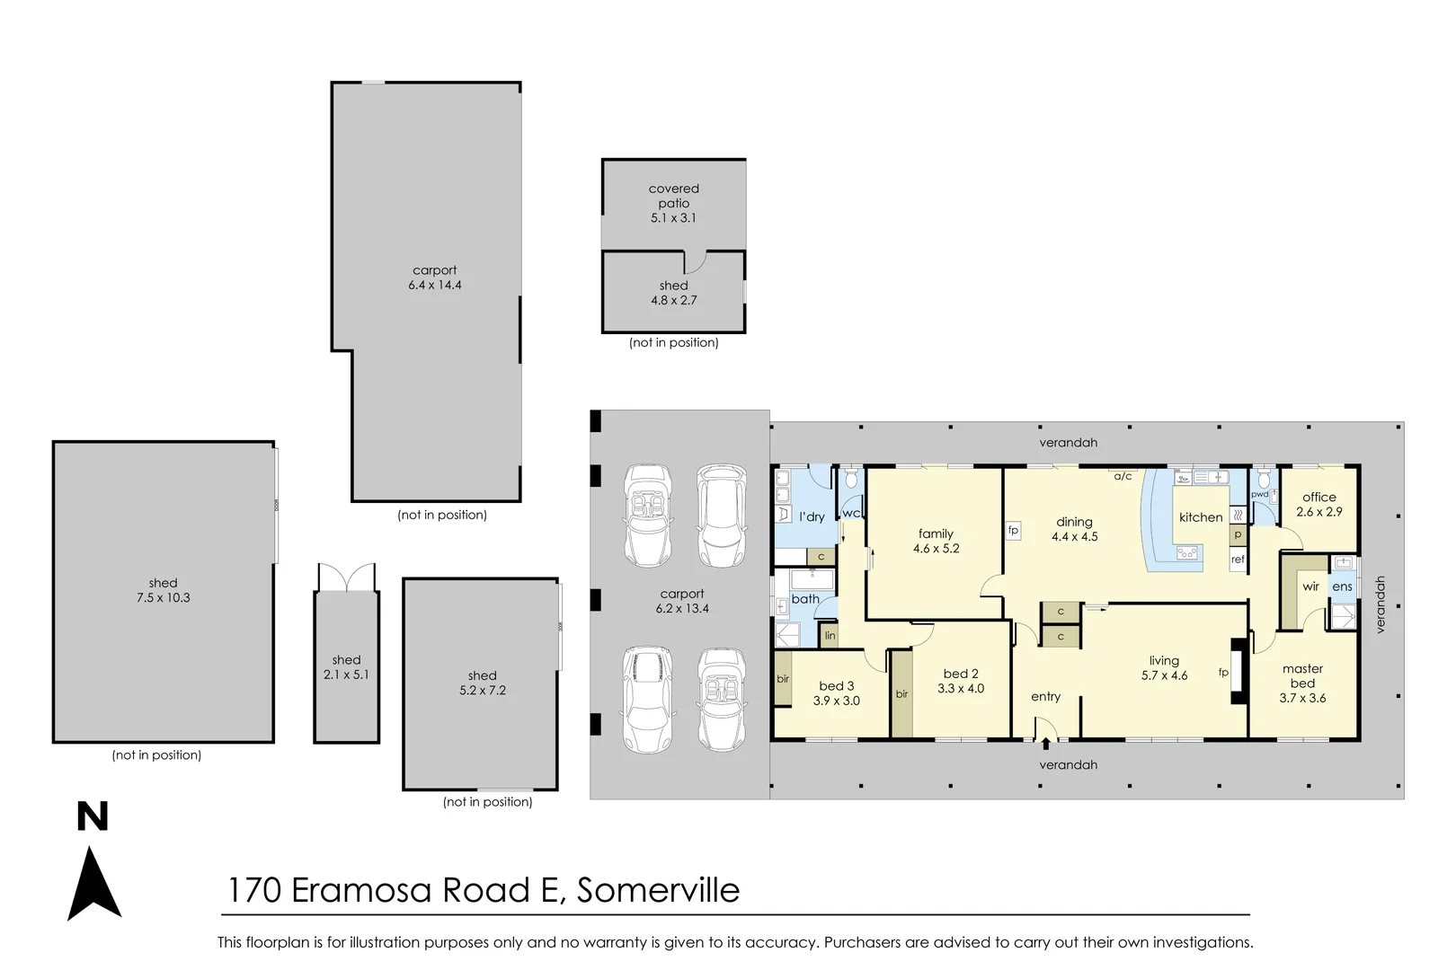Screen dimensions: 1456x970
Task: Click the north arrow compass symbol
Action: click(94, 883)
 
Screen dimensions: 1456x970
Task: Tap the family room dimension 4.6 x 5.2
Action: click(936, 549)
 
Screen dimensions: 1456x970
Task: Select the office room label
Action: click(1318, 497)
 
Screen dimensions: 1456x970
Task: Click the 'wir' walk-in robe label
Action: click(1310, 586)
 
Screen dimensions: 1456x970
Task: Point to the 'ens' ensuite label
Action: click(1342, 586)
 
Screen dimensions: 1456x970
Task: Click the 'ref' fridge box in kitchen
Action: click(1238, 560)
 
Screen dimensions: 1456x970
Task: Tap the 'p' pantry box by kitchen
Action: click(1238, 534)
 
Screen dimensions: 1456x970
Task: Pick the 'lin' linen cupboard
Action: click(830, 635)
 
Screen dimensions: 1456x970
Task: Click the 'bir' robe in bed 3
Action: click(783, 679)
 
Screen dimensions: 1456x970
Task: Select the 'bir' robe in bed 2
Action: click(901, 694)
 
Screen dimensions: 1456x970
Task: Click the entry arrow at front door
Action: click(1046, 744)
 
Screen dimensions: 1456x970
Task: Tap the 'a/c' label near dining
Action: click(1123, 476)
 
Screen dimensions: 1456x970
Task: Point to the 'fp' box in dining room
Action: click(1013, 531)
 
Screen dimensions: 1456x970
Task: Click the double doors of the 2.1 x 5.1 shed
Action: click(346, 578)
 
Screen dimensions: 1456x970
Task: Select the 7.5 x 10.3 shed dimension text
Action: click(164, 598)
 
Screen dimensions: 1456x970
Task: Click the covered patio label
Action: click(673, 196)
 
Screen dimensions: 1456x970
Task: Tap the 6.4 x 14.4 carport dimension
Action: click(435, 285)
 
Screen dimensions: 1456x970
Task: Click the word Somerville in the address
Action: click(659, 890)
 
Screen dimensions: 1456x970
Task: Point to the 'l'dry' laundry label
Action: click(812, 516)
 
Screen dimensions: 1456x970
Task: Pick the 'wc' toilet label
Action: click(851, 513)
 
